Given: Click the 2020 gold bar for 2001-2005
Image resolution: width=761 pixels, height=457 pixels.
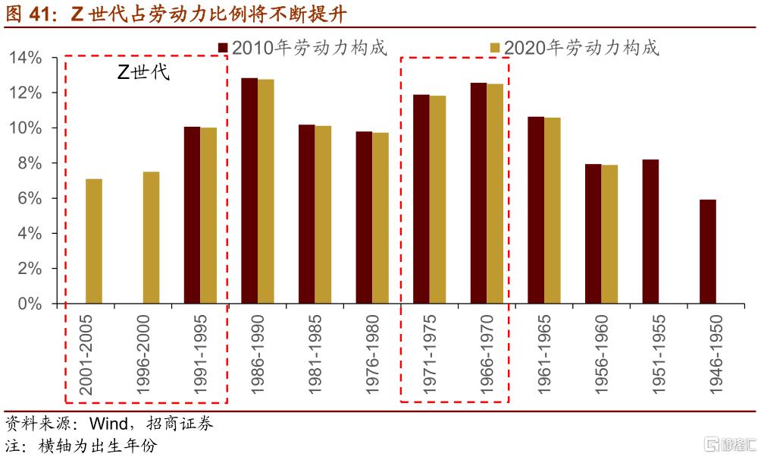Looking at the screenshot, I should pos(94,241).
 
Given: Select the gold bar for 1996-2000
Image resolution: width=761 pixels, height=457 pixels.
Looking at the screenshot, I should pos(151,238).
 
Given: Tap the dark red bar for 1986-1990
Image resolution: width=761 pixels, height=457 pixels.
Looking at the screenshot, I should pos(249,191).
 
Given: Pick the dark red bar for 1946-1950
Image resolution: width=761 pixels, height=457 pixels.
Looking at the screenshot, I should pos(708,251).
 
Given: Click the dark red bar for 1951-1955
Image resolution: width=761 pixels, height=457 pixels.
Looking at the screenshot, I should pos(650,232).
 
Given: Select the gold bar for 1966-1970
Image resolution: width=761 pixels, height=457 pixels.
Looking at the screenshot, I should pos(494,194).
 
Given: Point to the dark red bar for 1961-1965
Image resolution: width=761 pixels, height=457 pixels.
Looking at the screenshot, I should pos(536,210).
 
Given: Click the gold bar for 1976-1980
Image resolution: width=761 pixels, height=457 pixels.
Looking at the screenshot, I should pos(380,218).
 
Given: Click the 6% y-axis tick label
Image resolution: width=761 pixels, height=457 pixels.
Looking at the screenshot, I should pos(30,198).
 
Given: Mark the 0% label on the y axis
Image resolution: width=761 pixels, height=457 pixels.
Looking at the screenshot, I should pos(30,304).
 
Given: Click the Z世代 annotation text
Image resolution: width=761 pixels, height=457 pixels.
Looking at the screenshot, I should pos(142,74).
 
